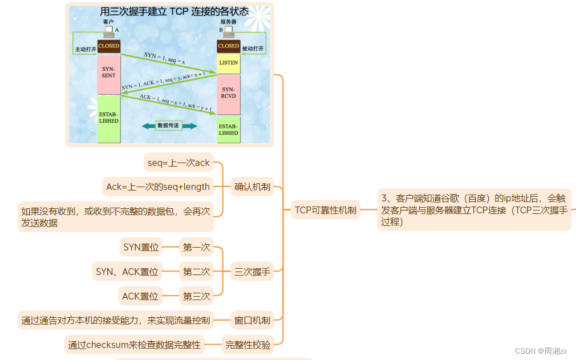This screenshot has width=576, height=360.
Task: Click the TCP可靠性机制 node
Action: tap(325, 210)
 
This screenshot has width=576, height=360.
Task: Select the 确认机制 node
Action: tap(252, 186)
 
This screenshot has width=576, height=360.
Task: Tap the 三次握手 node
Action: tap(252, 272)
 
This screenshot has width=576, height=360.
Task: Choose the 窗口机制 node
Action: tap(252, 320)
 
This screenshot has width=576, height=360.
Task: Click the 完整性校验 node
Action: tap(248, 344)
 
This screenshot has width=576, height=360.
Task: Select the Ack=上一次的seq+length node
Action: tap(158, 186)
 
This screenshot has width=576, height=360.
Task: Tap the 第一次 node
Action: tap(196, 248)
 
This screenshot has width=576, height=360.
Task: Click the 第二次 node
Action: tap(196, 272)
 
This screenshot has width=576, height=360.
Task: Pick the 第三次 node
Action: tap(196, 296)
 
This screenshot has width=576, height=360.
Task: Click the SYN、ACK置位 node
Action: tap(127, 272)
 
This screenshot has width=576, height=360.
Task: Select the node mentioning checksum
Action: tap(135, 344)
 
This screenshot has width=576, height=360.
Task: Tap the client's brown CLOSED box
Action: tap(108, 46)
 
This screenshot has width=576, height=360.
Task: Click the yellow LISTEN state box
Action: tap(229, 63)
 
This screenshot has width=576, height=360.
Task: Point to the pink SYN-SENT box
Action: tap(108, 73)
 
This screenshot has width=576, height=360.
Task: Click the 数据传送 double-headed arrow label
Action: tap(169, 125)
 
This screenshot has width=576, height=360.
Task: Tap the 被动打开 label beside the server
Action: tap(253, 49)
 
